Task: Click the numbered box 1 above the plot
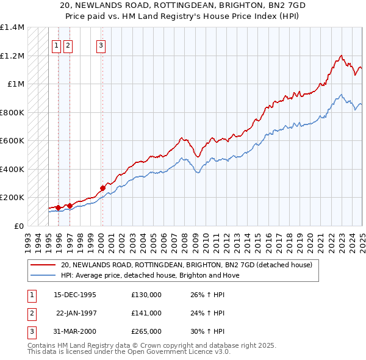coord(56,44)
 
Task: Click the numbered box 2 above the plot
coord(67,44)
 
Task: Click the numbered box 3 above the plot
coord(101,44)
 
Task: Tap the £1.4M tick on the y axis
coord(12,27)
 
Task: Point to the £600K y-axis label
coord(12,140)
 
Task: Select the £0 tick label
coord(18,226)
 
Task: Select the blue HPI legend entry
coord(150,275)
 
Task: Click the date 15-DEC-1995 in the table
coord(75,294)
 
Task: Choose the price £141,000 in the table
coord(146,313)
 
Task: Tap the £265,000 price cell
coord(146,331)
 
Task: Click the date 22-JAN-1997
coord(76,313)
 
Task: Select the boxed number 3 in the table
coord(30,331)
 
